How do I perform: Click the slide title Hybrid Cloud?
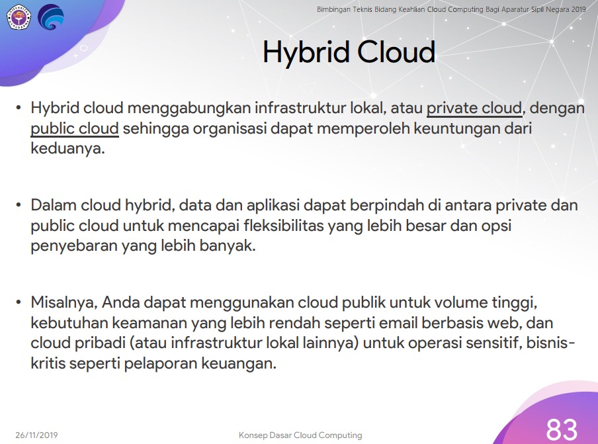click(x=349, y=53)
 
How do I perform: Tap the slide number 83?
click(x=562, y=430)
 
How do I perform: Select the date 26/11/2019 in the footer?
click(x=36, y=435)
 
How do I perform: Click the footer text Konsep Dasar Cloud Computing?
click(x=300, y=435)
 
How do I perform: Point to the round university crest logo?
click(x=19, y=17)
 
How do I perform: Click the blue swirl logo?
click(x=51, y=17)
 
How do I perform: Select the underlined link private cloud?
click(x=474, y=109)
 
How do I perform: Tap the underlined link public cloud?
click(x=75, y=129)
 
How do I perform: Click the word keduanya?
click(x=67, y=148)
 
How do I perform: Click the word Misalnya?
click(x=64, y=303)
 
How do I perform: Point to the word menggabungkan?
click(x=189, y=109)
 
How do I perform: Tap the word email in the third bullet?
click(x=398, y=323)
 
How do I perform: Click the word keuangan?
click(x=238, y=363)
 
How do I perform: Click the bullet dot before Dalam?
click(x=19, y=205)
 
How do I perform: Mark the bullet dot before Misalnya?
click(x=19, y=303)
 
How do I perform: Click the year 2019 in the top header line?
click(x=578, y=9)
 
